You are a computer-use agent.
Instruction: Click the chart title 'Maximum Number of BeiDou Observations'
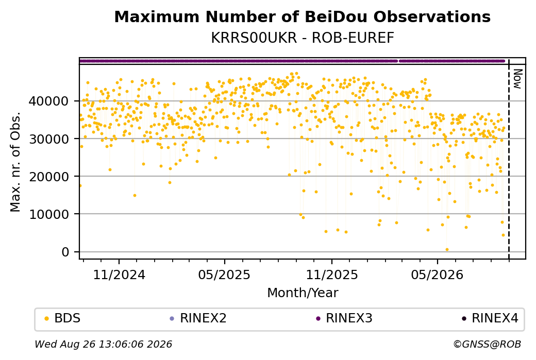[302, 17]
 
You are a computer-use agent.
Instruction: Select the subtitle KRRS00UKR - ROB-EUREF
[302, 38]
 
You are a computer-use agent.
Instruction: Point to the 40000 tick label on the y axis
[49, 101]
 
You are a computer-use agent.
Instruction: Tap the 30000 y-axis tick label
[49, 139]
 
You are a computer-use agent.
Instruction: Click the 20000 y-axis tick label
[49, 177]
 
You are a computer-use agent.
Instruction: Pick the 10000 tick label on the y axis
[49, 214]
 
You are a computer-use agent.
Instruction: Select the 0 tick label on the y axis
[65, 252]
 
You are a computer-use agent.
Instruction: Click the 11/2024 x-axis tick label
[119, 275]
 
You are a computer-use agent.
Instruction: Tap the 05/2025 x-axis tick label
[224, 275]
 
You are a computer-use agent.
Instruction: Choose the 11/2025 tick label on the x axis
[331, 275]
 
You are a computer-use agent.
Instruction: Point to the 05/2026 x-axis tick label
[437, 275]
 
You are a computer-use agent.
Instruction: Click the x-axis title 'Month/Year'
[303, 293]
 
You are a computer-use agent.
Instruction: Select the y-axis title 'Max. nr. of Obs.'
[15, 162]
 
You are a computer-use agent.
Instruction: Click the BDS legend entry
[63, 318]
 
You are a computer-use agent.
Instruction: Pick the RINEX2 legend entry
[198, 318]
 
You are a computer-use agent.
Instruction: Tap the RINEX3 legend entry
[344, 318]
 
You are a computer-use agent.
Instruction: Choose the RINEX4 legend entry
[490, 318]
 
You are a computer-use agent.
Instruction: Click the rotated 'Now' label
[517, 79]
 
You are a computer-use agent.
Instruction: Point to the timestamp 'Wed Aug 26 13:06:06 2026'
[104, 344]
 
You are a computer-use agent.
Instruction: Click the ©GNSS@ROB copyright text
[488, 344]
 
